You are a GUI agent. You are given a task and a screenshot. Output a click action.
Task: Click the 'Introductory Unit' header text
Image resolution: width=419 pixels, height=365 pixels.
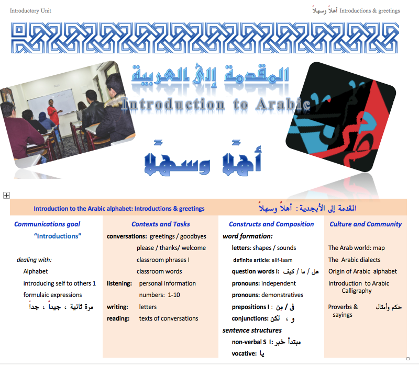click(30, 10)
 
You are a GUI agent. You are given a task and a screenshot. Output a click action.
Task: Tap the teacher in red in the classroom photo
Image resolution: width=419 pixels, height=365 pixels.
click(53, 112)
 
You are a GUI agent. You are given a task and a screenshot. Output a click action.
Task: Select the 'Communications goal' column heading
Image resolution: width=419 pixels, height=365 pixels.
click(47, 224)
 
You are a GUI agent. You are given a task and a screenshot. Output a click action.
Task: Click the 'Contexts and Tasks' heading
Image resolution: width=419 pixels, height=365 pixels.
click(161, 224)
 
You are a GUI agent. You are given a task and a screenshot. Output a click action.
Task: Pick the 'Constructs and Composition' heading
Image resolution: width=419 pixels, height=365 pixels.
click(271, 224)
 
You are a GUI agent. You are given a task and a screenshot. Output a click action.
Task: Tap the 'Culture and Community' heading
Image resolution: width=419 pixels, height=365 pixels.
click(366, 224)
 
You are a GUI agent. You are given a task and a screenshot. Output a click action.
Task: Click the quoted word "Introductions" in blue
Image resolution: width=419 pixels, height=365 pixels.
click(58, 236)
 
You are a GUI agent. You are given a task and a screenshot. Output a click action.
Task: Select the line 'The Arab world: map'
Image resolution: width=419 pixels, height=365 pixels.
click(356, 248)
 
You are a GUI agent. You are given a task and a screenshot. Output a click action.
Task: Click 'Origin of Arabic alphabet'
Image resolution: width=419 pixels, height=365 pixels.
click(362, 271)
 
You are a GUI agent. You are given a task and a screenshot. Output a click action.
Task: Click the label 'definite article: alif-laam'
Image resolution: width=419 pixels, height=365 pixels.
click(266, 260)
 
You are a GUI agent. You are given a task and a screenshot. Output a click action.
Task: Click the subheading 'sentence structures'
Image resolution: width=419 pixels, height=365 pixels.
click(252, 330)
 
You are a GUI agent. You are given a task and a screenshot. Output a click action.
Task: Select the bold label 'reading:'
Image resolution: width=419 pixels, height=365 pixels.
click(118, 318)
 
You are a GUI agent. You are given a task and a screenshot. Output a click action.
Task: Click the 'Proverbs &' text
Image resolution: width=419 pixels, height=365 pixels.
click(343, 307)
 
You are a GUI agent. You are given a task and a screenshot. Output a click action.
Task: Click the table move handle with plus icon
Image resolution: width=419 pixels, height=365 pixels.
click(6, 195)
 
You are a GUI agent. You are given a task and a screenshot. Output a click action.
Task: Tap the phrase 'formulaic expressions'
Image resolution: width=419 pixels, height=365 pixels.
click(52, 295)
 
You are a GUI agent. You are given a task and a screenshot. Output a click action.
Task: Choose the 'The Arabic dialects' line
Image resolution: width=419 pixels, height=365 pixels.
click(354, 260)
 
